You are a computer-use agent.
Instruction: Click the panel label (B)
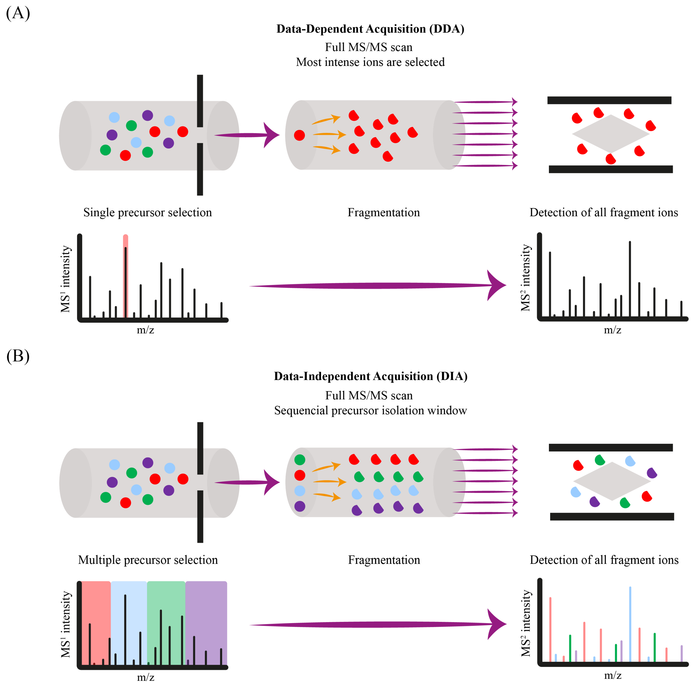pyautogui.click(x=18, y=356)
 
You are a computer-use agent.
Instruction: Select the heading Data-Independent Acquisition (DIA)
pyautogui.click(x=370, y=376)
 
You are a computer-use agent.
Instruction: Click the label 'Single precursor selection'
pyautogui.click(x=148, y=212)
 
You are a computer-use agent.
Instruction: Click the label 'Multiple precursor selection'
pyautogui.click(x=148, y=560)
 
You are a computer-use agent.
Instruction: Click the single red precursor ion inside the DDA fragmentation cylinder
pyautogui.click(x=299, y=135)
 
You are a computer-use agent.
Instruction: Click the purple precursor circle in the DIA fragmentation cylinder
pyautogui.click(x=300, y=506)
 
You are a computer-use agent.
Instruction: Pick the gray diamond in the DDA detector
pyautogui.click(x=611, y=134)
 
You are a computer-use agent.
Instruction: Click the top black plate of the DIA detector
pyautogui.click(x=611, y=448)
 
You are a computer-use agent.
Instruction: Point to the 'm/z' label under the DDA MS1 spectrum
pyautogui.click(x=146, y=330)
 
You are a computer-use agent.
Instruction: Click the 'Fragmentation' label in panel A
pyautogui.click(x=384, y=212)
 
